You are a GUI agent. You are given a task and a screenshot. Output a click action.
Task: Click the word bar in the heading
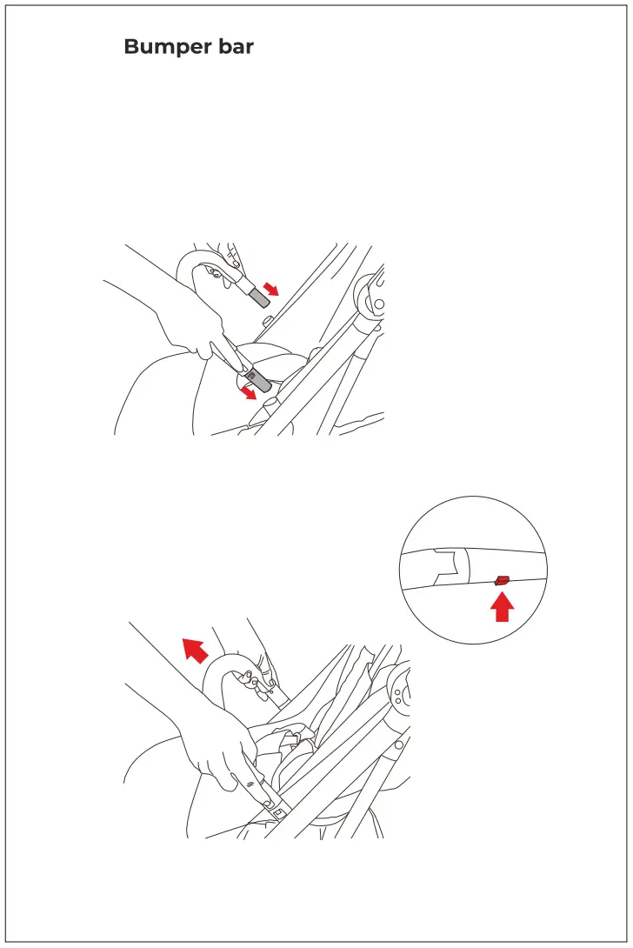click(x=232, y=47)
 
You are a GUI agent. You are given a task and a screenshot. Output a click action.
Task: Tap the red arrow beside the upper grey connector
click(x=271, y=289)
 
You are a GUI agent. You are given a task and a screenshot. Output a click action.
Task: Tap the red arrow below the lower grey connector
click(x=249, y=393)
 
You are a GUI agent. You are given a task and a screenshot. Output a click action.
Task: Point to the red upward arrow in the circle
click(x=502, y=607)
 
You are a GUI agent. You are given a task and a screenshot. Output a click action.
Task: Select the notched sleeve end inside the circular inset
click(x=448, y=565)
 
